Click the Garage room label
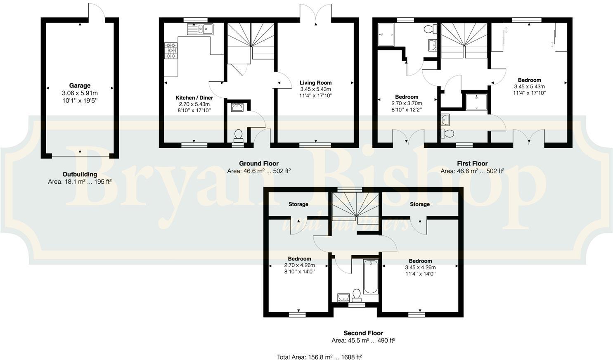80,85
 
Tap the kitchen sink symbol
200,29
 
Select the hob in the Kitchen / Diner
171,50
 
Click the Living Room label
315,83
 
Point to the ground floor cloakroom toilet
238,135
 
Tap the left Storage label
298,204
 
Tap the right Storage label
419,204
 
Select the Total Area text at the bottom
319,357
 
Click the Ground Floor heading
259,163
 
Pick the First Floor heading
472,163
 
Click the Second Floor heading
363,333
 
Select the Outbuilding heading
80,174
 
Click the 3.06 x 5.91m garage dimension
80,93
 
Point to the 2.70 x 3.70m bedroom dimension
407,103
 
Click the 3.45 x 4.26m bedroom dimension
420,267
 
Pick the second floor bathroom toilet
357,294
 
